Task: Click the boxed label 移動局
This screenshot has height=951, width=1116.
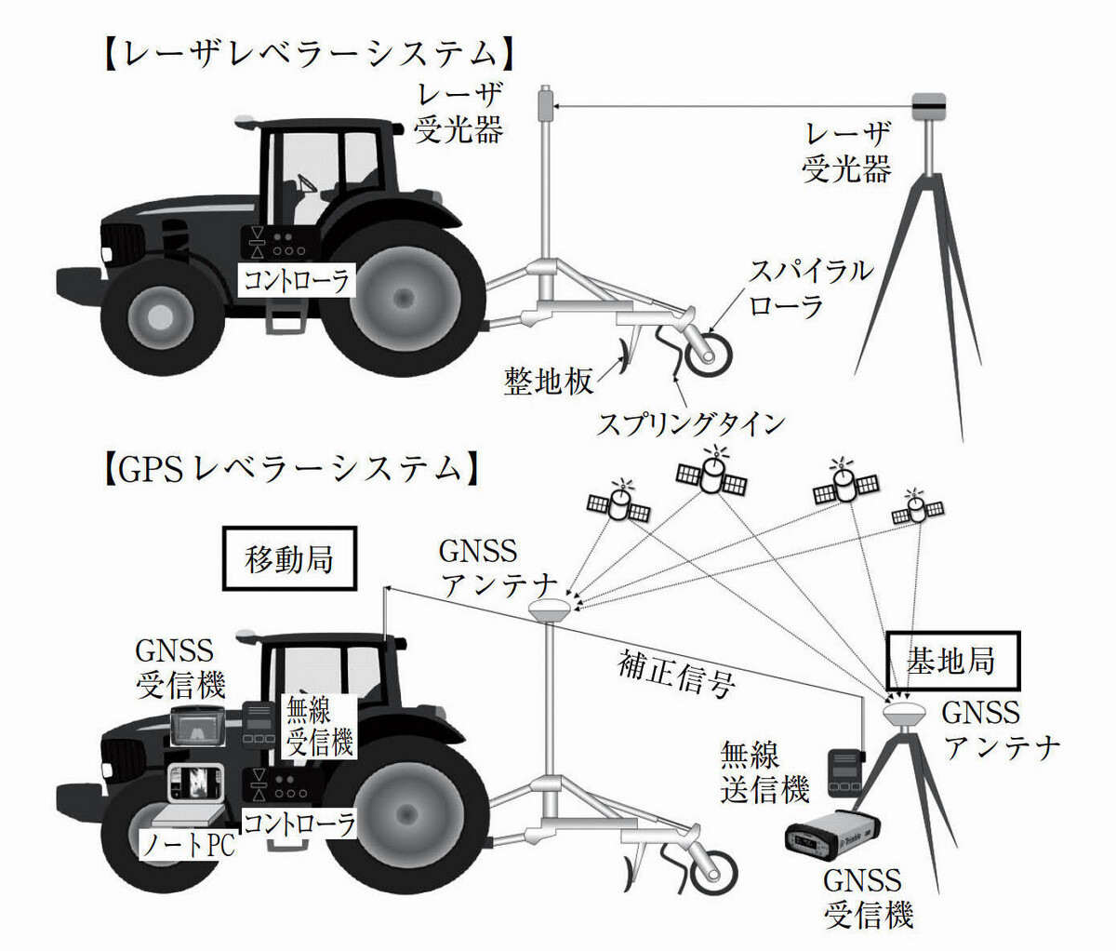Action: [x=289, y=560]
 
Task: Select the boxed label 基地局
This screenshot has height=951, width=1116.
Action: [x=952, y=661]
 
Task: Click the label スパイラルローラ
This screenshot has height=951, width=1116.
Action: [x=812, y=288]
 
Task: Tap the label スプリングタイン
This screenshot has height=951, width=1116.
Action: [x=690, y=423]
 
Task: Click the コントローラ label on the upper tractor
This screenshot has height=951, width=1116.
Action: [x=297, y=279]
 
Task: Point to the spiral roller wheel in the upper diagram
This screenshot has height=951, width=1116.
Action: [x=711, y=352]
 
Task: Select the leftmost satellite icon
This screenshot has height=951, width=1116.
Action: [x=616, y=505]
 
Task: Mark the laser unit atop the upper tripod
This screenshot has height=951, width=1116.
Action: [x=928, y=107]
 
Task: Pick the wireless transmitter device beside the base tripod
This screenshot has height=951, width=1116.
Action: [x=844, y=771]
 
